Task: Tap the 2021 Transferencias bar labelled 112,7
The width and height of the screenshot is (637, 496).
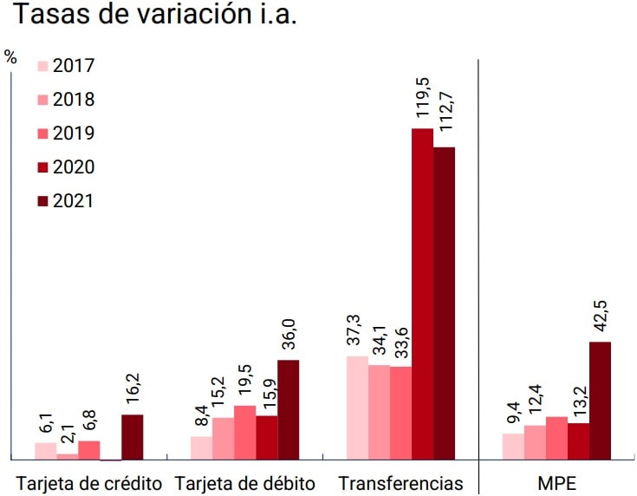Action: pyautogui.click(x=444, y=303)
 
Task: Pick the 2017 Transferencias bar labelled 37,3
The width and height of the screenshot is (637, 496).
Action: pyautogui.click(x=357, y=407)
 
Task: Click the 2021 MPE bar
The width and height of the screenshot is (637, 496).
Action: pyautogui.click(x=600, y=400)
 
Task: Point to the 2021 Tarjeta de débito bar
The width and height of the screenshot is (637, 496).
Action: pyautogui.click(x=288, y=408)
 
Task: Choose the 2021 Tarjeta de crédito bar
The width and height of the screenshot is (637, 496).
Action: pyautogui.click(x=132, y=436)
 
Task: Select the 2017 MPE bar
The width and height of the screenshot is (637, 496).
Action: pyautogui.click(x=513, y=446)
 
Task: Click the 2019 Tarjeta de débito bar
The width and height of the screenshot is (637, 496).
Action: pyautogui.click(x=244, y=432)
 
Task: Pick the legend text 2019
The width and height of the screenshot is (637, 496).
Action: pyautogui.click(x=74, y=134)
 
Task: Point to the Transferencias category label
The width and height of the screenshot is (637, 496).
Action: pyautogui.click(x=400, y=482)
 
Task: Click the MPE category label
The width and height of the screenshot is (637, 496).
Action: pyautogui.click(x=556, y=482)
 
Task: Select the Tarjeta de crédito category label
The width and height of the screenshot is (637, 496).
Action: pyautogui.click(x=90, y=482)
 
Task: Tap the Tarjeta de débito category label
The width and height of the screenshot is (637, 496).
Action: pyautogui.click(x=244, y=482)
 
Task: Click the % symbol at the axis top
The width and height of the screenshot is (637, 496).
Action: pyautogui.click(x=10, y=58)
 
